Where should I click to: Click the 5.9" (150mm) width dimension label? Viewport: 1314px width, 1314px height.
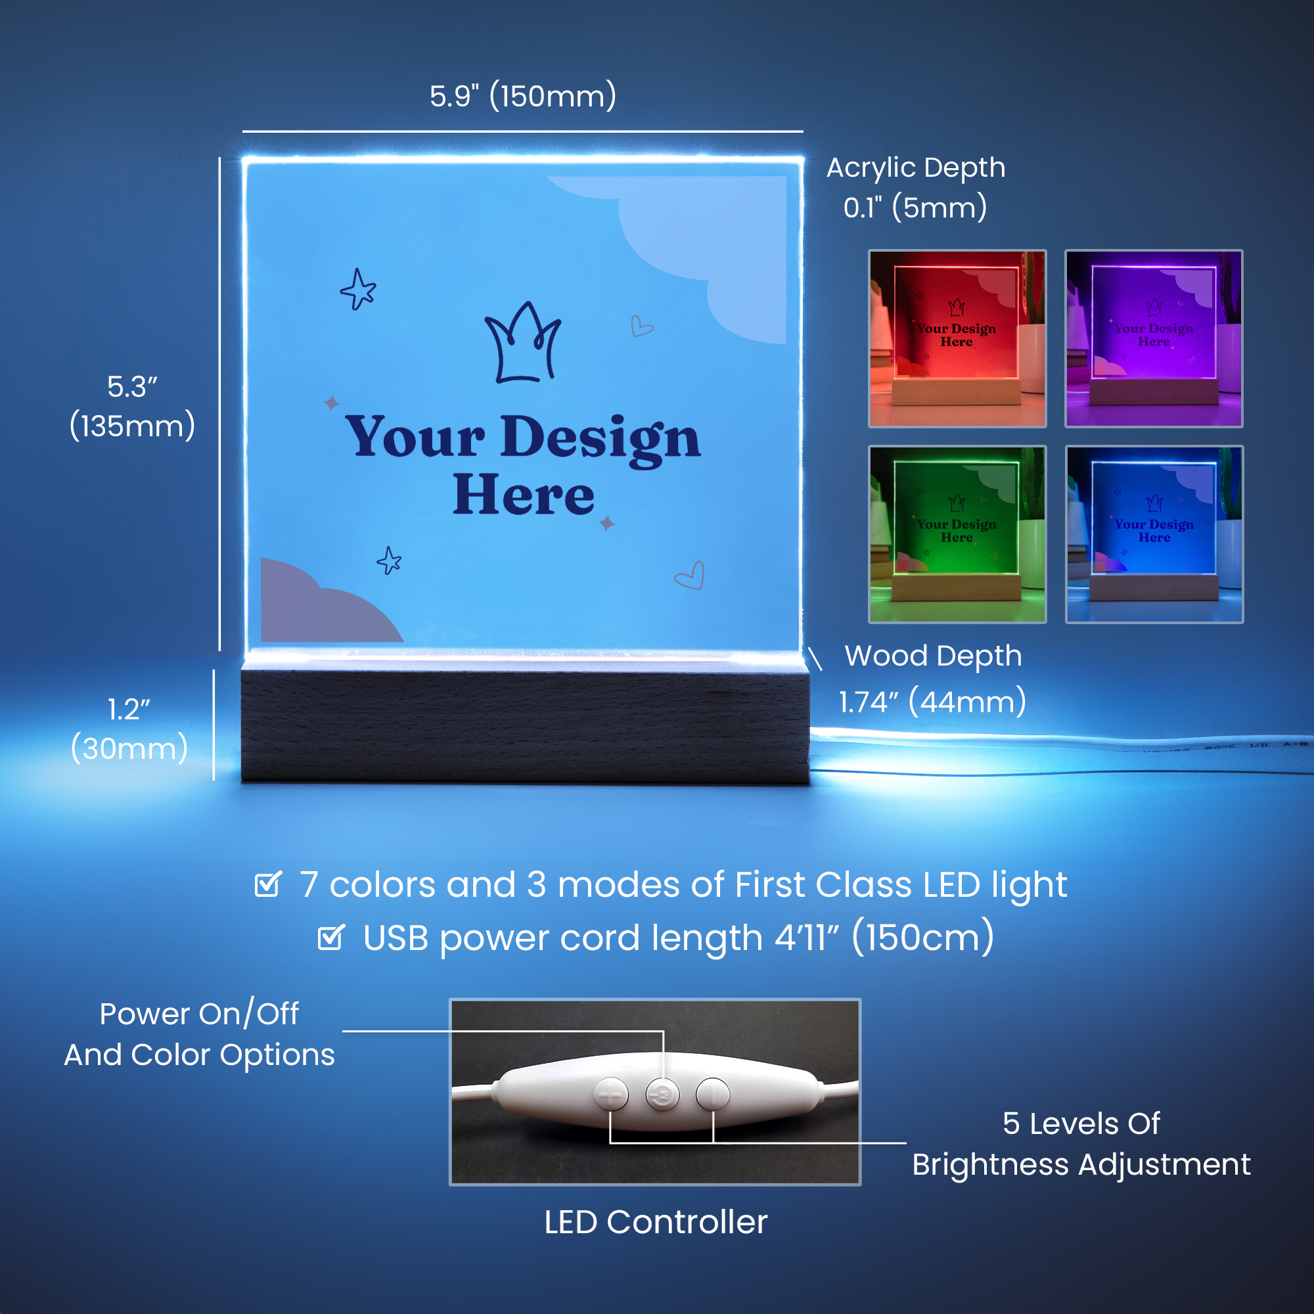point(523,96)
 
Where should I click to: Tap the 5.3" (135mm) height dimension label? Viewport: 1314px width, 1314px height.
point(133,407)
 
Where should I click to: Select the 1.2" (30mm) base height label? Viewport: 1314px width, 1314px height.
point(129,729)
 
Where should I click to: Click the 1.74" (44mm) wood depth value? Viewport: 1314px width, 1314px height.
point(932,701)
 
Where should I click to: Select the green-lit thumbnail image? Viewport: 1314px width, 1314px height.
point(958,535)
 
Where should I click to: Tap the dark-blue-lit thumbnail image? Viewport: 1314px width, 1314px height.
point(1154,535)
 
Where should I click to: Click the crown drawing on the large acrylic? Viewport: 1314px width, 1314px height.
point(522,343)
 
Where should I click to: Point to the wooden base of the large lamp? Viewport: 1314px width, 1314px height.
point(525,727)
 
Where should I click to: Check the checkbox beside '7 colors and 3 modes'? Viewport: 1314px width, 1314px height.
point(267,884)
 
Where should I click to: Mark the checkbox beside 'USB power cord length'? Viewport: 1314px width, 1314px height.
point(331,938)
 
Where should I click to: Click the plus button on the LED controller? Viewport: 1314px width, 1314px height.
point(611,1095)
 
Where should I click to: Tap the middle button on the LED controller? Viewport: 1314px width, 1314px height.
point(662,1095)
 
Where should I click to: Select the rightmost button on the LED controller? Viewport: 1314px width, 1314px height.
point(713,1095)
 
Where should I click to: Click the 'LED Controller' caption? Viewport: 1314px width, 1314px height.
point(656,1222)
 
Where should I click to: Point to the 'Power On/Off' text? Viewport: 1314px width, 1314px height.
point(199,1013)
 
